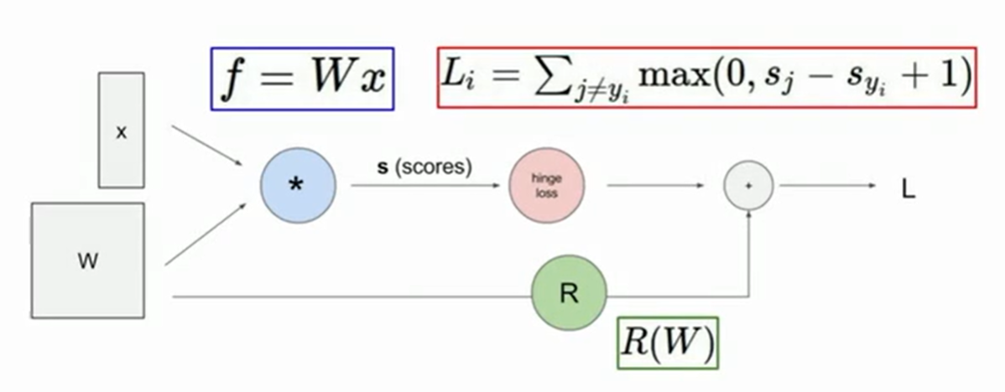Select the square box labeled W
click(87, 260)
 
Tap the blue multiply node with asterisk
click(297, 186)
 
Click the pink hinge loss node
click(546, 186)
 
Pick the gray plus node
click(747, 186)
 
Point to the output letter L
click(908, 190)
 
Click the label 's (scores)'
click(424, 167)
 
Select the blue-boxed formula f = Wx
click(303, 79)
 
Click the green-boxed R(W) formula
click(668, 343)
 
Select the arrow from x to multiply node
click(208, 145)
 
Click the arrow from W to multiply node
click(206, 234)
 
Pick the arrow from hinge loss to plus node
click(654, 186)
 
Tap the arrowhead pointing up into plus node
click(747, 215)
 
